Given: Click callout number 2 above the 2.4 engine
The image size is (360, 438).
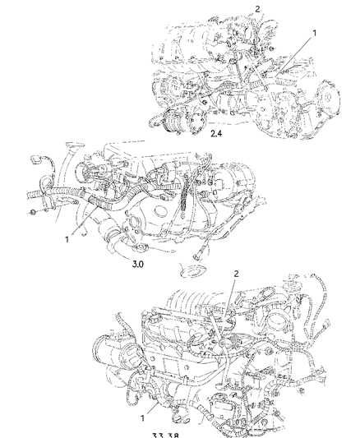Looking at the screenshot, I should point(257,9).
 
